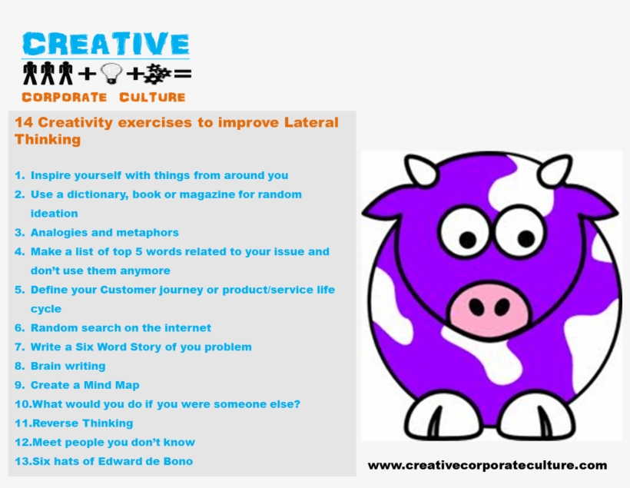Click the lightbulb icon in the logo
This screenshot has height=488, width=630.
(x=111, y=73)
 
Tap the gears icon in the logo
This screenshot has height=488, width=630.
(x=157, y=74)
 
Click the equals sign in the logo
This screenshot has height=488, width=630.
(x=183, y=74)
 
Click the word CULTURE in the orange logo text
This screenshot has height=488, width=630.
(x=152, y=98)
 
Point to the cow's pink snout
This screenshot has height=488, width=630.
(x=488, y=307)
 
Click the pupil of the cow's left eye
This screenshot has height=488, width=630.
(x=467, y=240)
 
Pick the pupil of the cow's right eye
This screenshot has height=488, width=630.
(x=526, y=238)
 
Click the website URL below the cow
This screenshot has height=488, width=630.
(x=487, y=466)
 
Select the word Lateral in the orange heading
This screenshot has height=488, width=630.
(x=311, y=122)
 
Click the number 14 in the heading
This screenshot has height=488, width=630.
(x=24, y=122)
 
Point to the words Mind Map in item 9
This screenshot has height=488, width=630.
(x=111, y=386)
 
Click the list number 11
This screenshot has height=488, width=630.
(x=23, y=423)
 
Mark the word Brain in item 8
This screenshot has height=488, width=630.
(x=45, y=367)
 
